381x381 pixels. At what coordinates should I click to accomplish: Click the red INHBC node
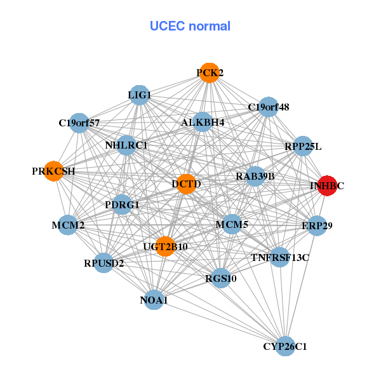327,185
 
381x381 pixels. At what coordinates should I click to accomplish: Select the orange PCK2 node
210,72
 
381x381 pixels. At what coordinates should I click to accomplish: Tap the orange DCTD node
186,184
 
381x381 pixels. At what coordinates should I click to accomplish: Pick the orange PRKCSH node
54,171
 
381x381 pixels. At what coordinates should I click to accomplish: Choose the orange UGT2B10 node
165,246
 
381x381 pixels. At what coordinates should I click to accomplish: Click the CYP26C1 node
286,346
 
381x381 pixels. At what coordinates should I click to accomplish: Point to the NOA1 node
154,300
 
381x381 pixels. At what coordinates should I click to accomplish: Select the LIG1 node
140,95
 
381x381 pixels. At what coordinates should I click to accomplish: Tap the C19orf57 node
79,123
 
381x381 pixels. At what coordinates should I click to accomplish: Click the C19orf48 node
268,107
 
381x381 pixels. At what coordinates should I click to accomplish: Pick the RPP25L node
303,146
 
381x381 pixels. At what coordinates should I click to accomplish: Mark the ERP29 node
317,225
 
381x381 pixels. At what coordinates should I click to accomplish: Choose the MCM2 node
68,225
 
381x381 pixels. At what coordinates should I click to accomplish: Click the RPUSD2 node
104,263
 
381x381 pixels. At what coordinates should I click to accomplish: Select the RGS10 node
221,278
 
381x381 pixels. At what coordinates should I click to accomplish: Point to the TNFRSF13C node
280,257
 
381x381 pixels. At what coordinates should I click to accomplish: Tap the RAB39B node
255,177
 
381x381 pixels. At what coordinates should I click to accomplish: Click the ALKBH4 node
203,122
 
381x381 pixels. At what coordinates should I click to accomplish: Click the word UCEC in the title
168,26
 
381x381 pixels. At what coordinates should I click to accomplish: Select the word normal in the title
210,26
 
